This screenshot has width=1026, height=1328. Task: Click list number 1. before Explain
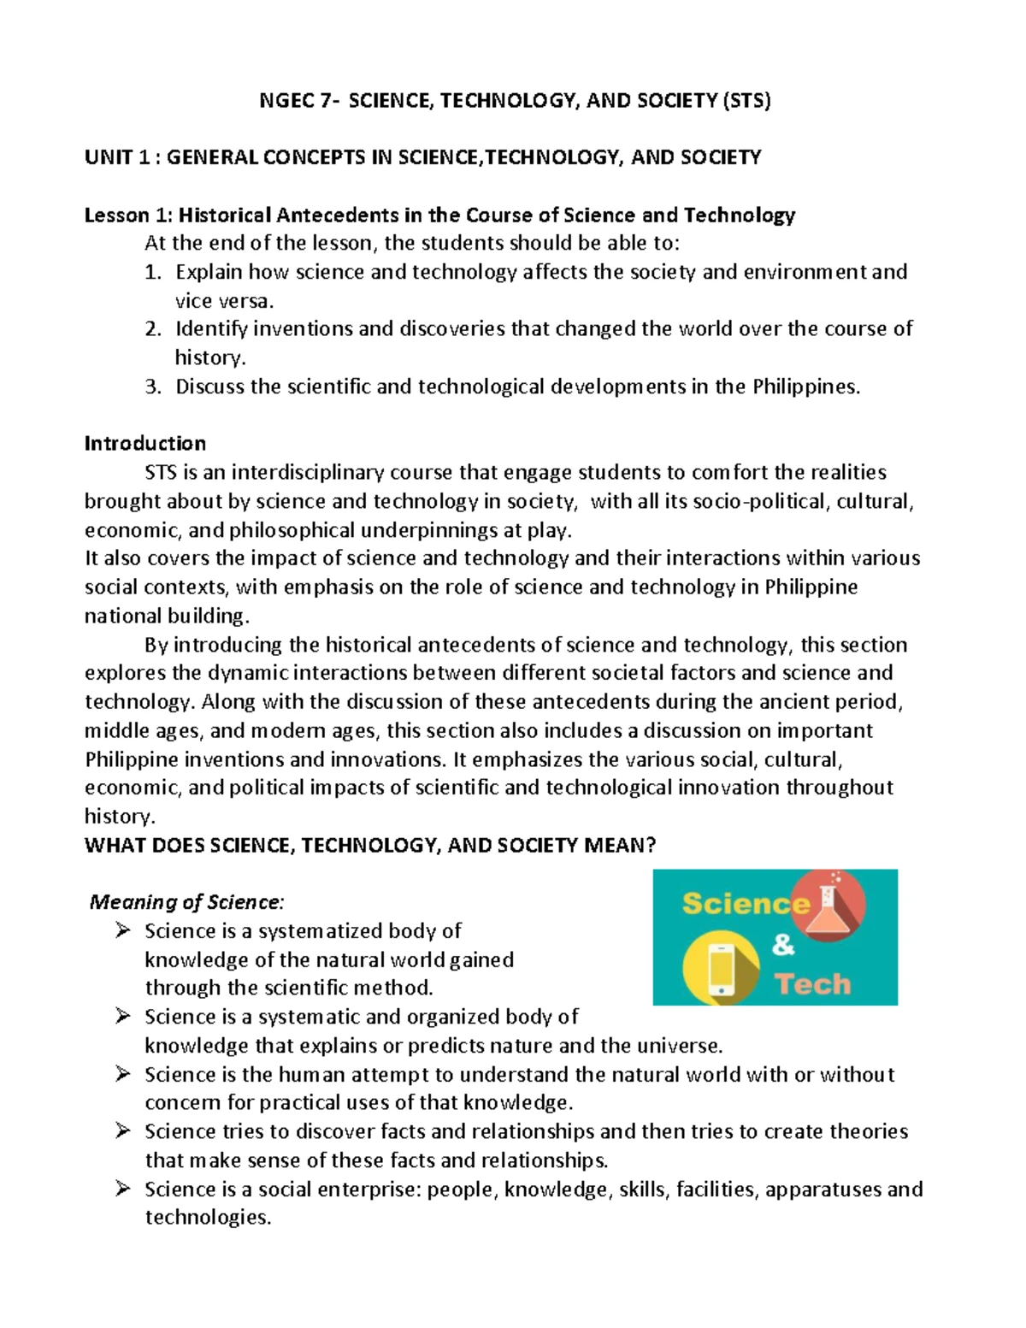click(x=153, y=272)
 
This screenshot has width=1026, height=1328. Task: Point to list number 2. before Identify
click(x=153, y=329)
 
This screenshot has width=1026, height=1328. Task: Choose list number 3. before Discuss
click(x=153, y=387)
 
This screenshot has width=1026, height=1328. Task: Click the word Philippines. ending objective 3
click(x=806, y=387)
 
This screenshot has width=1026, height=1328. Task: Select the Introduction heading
click(x=145, y=444)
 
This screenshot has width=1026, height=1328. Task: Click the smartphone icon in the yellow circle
click(x=721, y=969)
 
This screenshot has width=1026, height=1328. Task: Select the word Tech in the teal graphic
click(x=813, y=984)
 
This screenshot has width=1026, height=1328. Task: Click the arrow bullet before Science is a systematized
click(x=122, y=930)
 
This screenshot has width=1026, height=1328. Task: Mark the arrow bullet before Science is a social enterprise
click(x=122, y=1189)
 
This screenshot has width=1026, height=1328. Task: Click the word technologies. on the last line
click(x=208, y=1218)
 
